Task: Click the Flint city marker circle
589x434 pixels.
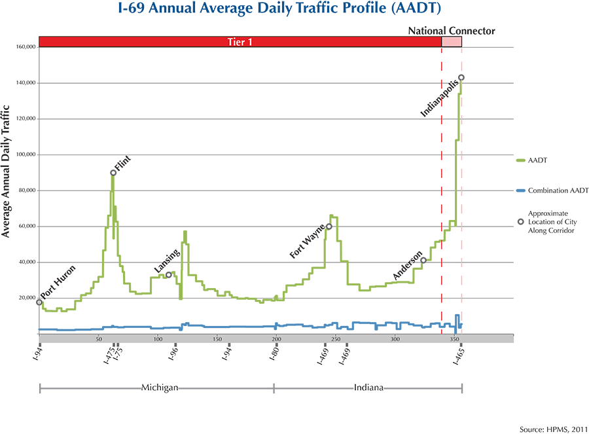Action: [x=113, y=173]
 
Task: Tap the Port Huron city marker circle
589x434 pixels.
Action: [x=39, y=302]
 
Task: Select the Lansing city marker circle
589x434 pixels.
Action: [x=169, y=275]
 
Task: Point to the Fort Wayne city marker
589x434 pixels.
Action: [x=329, y=226]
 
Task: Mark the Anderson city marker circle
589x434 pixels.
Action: [x=423, y=261]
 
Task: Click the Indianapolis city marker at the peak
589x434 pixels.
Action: [x=461, y=77]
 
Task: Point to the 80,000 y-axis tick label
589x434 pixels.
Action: [x=26, y=190]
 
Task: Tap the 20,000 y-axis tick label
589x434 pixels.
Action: [x=26, y=298]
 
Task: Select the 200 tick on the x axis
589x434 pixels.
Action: [x=276, y=339]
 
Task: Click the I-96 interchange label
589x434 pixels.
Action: [x=173, y=355]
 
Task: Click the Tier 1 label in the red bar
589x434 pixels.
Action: [x=240, y=42]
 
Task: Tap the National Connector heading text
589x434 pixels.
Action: [x=452, y=31]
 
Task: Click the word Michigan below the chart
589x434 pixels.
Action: [x=160, y=387]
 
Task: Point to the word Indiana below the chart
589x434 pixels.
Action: [x=368, y=387]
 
